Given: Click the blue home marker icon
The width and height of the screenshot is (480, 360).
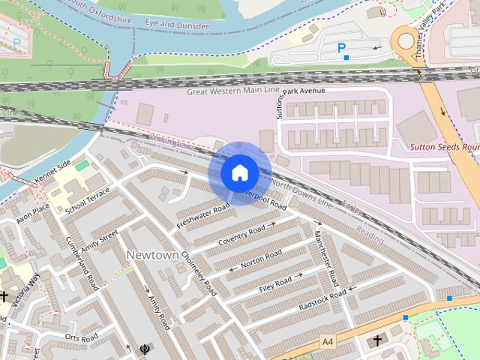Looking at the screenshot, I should [x=240, y=172].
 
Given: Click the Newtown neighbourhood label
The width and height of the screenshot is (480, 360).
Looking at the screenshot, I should [x=152, y=255].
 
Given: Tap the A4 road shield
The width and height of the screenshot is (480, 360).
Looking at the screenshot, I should [x=327, y=342].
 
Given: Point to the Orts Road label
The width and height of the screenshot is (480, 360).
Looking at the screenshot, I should [x=82, y=337].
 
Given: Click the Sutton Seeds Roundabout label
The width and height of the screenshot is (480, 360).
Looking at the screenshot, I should [x=444, y=148].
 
